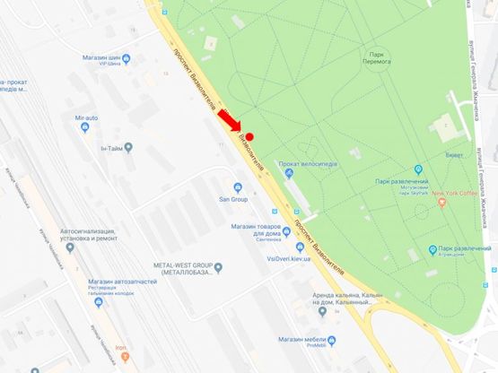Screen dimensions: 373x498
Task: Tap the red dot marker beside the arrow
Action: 250,137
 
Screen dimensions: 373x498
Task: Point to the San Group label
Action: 234,199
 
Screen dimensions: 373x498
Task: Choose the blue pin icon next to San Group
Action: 237,186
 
